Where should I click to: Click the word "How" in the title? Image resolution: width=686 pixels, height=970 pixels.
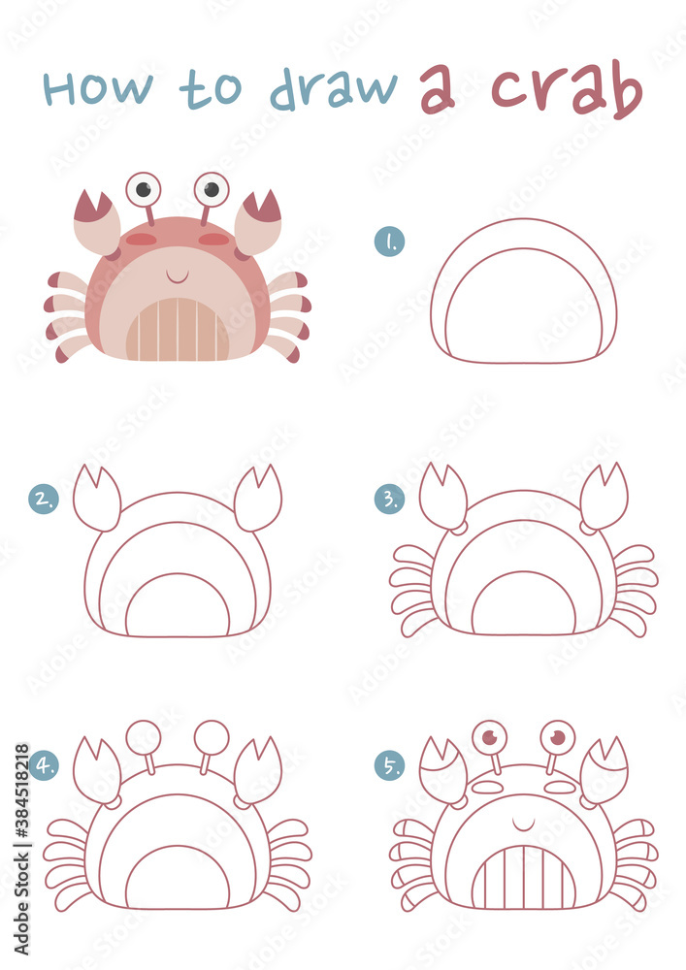(98, 88)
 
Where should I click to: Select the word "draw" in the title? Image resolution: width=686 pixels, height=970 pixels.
(334, 89)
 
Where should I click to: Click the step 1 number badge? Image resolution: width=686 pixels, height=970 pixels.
(389, 242)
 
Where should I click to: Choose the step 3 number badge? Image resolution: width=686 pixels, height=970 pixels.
(389, 499)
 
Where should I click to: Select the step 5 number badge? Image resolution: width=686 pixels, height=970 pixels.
(389, 765)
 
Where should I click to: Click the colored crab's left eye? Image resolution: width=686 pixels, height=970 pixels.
(144, 188)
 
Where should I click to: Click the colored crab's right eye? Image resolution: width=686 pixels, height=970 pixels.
(211, 188)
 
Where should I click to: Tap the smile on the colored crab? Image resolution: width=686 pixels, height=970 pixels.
(177, 277)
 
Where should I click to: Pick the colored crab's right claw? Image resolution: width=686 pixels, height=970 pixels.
(258, 220)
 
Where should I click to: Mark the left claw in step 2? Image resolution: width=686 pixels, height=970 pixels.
(97, 500)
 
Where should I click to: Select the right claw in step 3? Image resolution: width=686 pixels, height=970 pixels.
(603, 498)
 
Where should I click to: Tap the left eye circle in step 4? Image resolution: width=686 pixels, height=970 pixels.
(144, 736)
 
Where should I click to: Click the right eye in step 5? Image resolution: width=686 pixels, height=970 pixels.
(557, 737)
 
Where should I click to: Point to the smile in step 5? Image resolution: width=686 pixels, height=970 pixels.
(523, 825)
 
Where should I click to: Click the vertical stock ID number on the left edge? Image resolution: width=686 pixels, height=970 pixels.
(21, 804)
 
